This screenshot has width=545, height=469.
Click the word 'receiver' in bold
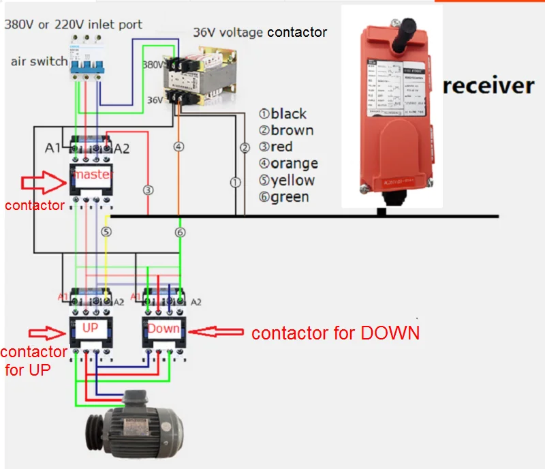pos(488,86)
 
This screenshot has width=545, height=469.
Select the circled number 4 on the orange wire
pos(179,146)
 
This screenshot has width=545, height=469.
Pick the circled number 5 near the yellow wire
pos(106,232)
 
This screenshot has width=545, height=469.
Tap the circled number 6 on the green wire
pos(180,232)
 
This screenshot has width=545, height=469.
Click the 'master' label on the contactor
pos(93,175)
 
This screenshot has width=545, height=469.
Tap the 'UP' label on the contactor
pos(91,328)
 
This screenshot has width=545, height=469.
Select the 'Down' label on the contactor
pos(163,328)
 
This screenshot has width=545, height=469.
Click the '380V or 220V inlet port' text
pos(74,25)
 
